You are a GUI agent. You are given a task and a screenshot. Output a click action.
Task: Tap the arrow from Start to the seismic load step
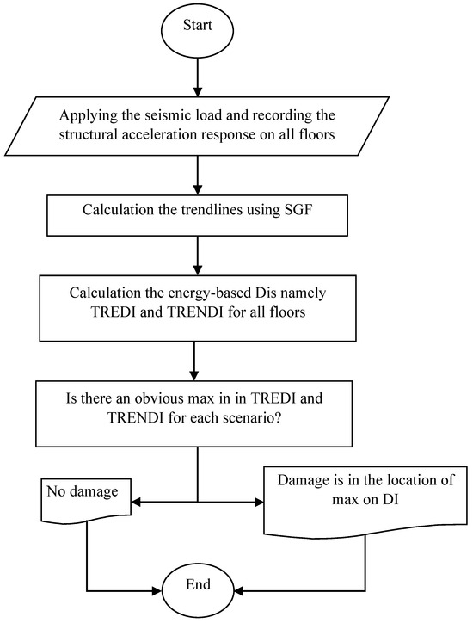pyautogui.click(x=199, y=78)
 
